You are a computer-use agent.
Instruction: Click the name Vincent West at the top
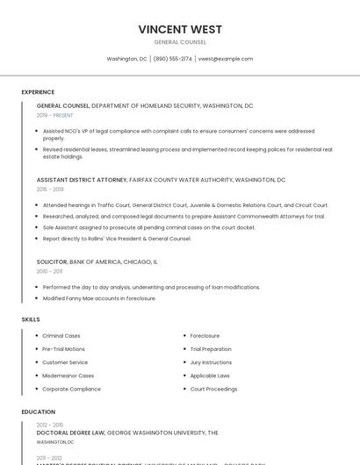tap(180, 29)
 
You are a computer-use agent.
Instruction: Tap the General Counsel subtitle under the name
tap(180, 42)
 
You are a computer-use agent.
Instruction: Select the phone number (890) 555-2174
tap(172, 59)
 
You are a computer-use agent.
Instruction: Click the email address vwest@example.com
tap(225, 59)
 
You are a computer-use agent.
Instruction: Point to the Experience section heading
tap(38, 92)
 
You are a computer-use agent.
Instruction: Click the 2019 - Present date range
tap(54, 115)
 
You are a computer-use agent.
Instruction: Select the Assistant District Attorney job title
tap(82, 179)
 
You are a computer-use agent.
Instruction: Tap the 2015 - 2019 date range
tap(50, 189)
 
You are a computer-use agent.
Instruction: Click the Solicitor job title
tap(52, 261)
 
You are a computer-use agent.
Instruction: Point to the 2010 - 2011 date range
tap(49, 271)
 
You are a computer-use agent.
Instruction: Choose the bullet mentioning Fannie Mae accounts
tap(99, 298)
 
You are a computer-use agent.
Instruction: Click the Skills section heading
tap(31, 319)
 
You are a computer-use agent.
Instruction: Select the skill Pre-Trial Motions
tap(63, 349)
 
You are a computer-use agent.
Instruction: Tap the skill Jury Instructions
tap(211, 362)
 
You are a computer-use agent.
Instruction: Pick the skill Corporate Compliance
tap(71, 389)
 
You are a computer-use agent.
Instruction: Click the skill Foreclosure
tap(205, 335)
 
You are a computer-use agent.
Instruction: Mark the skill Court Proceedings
tap(213, 389)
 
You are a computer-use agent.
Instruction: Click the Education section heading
tap(38, 411)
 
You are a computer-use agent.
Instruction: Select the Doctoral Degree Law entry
tap(71, 433)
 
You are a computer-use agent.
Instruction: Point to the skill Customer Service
tap(65, 362)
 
